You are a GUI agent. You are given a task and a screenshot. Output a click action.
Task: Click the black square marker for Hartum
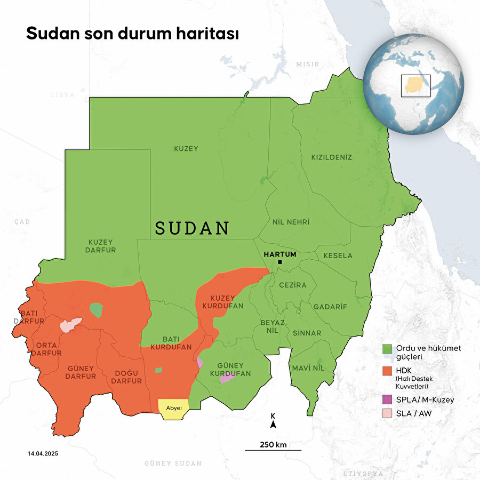point(279,262)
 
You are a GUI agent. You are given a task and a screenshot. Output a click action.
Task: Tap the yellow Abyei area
point(174,407)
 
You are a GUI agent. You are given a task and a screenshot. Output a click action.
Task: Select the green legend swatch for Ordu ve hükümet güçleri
point(387,348)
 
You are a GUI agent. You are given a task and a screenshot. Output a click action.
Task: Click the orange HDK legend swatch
point(387,370)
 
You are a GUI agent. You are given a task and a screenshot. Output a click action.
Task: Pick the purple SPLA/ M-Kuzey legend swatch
point(387,399)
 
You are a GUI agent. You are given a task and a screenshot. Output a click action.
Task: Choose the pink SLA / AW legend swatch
point(387,413)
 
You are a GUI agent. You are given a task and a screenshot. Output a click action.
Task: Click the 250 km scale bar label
point(273,444)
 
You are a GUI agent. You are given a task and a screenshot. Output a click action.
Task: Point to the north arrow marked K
point(273,422)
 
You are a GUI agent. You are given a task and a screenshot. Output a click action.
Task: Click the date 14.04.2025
point(43,453)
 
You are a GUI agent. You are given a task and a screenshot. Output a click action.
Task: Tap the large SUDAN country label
point(192,228)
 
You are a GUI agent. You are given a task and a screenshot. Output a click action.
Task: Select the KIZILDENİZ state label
point(332,157)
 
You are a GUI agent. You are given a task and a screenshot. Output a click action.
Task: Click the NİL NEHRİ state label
point(291,221)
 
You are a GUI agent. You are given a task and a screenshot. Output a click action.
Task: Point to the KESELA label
point(338,255)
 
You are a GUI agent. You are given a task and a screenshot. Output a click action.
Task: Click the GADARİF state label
point(330,307)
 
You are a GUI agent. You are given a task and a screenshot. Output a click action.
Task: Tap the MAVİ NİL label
point(308,368)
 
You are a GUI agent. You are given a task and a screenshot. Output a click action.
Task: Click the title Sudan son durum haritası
point(133,33)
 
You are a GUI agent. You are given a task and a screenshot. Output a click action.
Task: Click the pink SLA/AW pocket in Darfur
point(70,325)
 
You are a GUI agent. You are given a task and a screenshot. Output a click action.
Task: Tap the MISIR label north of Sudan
point(307,64)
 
